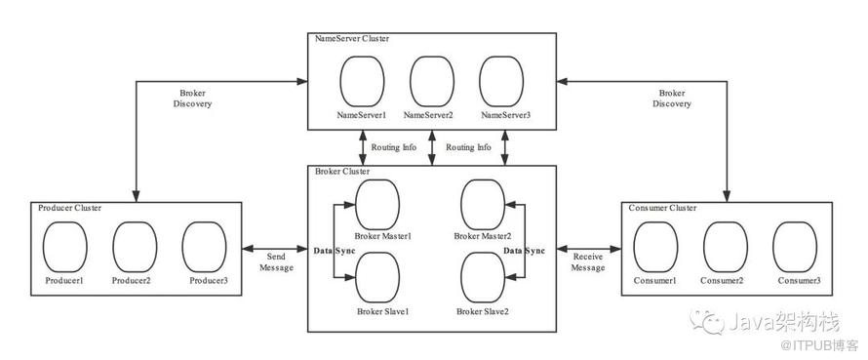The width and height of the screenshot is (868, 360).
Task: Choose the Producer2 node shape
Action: pos(135,247)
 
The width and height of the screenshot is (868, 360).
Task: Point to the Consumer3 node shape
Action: pos(795,247)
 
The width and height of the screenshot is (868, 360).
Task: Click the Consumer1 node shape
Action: pos(656,247)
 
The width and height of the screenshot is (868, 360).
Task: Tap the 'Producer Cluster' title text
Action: pos(70,208)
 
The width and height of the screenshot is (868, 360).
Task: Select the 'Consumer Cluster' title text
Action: pos(662,208)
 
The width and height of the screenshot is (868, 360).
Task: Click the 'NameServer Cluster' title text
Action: pos(352,39)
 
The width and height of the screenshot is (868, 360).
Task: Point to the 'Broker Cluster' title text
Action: pos(342,171)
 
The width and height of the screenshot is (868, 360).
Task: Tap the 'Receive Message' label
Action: pos(589,262)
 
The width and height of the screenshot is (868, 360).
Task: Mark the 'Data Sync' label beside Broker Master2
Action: pos(524,251)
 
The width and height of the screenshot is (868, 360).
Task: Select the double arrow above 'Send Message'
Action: pos(275,249)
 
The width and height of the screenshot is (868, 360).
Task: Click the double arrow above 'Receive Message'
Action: pos(589,249)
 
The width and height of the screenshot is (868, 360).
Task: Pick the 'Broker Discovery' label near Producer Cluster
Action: pos(193,98)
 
